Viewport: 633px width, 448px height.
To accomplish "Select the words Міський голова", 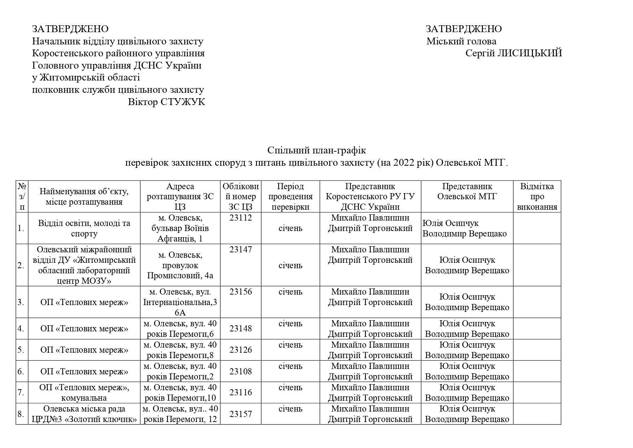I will pos(461,41).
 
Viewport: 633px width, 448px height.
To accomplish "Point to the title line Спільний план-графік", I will pos(316,150).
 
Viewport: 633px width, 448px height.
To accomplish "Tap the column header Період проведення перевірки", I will pos(290,197).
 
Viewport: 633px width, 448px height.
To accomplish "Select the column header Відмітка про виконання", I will pos(537,197).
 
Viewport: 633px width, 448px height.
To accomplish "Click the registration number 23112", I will pos(240,218).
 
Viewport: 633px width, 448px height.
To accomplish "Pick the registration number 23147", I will pos(240,249).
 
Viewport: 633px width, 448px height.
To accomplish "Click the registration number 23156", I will pos(240,292).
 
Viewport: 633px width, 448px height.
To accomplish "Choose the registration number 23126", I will pos(240,350).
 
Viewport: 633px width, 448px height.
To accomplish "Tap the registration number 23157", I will pos(240,414).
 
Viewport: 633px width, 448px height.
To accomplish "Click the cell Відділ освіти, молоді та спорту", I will pos(84,228).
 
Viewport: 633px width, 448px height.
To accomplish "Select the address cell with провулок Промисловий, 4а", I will pos(180,265).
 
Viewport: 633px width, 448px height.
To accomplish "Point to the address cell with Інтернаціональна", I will pos(180,302).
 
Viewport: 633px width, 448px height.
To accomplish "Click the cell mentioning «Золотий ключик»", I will pos(84,414).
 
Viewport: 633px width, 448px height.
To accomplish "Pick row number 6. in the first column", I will pos(21,371).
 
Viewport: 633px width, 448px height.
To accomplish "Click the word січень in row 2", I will pos(290,266).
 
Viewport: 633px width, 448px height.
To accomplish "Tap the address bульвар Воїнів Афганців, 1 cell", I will pos(180,228).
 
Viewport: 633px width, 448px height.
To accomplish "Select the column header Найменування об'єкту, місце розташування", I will pos(84,197).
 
